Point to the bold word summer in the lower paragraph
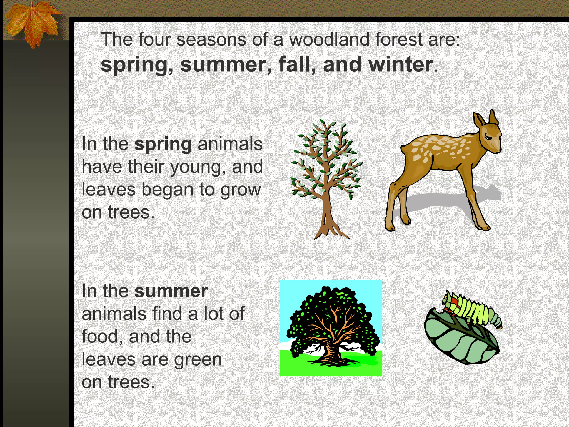tap(171, 291)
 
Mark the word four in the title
tap(154, 39)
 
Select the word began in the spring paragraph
tap(167, 190)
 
